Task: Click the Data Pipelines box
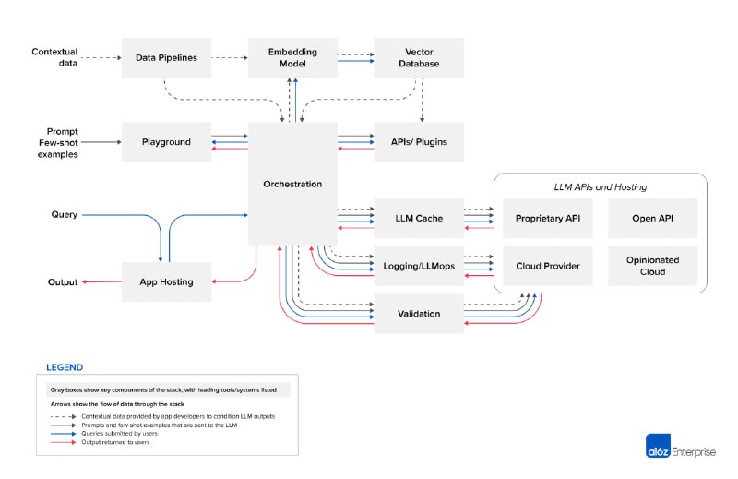pos(166,57)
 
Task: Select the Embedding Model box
pos(292,57)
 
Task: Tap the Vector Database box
pos(419,57)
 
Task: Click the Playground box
pos(166,141)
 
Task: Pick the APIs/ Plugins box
pos(419,141)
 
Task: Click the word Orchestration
pos(292,184)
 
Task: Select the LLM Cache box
pos(419,218)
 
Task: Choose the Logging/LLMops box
pos(419,266)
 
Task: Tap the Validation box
pos(419,314)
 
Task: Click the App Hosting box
pos(166,281)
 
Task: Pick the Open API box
pos(652,218)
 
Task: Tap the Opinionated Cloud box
pos(652,266)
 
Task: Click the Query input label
pos(64,214)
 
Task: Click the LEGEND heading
pos(64,366)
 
